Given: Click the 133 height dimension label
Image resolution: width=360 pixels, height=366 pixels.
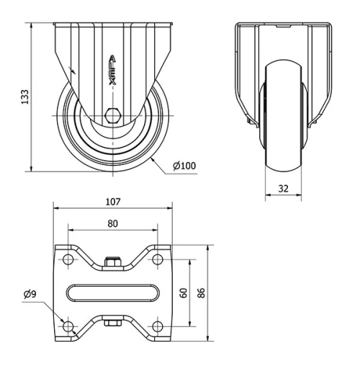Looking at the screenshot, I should tap(24, 96).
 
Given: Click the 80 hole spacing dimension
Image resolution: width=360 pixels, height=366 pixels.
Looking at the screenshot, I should tap(113, 223).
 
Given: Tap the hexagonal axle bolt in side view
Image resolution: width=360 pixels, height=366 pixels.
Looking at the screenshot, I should tap(113, 115).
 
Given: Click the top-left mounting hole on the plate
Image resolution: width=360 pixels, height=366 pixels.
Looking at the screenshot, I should tap(68, 259).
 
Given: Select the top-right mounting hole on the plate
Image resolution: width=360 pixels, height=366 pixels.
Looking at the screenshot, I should tap(158, 259).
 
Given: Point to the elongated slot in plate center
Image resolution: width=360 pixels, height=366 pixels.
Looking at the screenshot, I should tap(113, 293).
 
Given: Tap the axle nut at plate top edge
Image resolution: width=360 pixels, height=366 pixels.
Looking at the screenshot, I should tap(113, 264).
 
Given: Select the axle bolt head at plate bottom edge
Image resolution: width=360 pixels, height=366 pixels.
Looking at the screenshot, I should tap(113, 322).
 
